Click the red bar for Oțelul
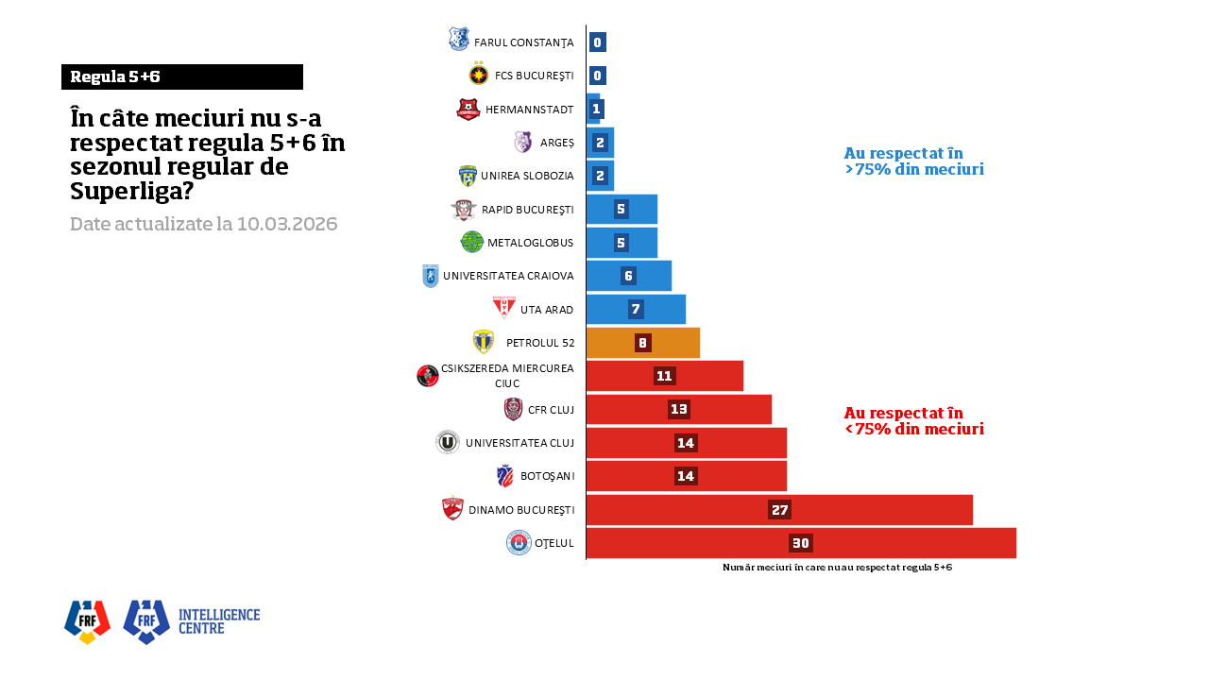click(x=801, y=543)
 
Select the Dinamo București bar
click(x=779, y=510)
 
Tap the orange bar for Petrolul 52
click(x=642, y=343)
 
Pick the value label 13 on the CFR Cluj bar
click(x=678, y=409)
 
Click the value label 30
click(x=801, y=543)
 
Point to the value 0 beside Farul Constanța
click(x=597, y=42)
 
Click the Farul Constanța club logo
click(x=459, y=40)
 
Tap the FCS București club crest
click(x=479, y=75)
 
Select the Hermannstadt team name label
click(x=529, y=110)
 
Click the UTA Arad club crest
click(x=504, y=308)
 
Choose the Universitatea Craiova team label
click(x=508, y=276)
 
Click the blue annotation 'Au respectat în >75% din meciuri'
click(x=913, y=161)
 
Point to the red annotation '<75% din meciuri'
click(x=913, y=429)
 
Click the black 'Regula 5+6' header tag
click(x=182, y=77)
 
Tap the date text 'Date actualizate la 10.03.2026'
click(x=204, y=225)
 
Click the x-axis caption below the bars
click(x=837, y=568)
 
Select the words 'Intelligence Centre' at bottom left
click(x=219, y=620)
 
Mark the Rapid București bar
click(x=622, y=209)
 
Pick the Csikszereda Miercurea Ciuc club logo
click(x=428, y=376)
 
